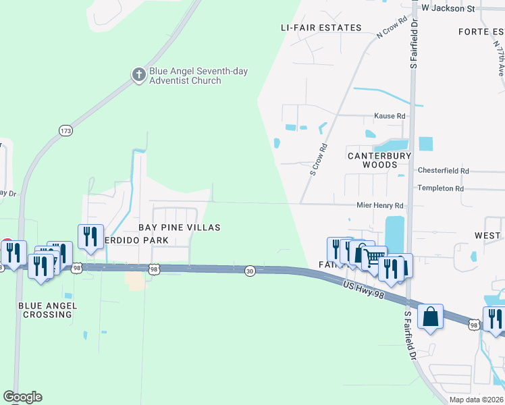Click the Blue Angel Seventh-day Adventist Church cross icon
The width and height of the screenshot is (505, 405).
(139, 74)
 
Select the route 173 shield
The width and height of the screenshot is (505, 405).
(65, 130)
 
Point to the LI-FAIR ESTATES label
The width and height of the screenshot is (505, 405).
(321, 28)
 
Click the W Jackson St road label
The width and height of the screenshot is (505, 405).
(448, 8)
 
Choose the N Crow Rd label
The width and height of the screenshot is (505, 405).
(394, 28)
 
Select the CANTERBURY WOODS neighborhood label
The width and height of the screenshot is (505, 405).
(379, 160)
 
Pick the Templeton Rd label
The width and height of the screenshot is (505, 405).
(441, 188)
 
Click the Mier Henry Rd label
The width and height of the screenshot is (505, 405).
(379, 205)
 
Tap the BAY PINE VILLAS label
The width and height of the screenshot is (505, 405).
(180, 227)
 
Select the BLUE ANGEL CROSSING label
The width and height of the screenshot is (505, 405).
(48, 310)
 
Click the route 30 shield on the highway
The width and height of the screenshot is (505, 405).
(250, 271)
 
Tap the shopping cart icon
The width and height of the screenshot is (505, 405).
(374, 257)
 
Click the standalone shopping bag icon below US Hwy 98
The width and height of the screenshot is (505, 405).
(430, 316)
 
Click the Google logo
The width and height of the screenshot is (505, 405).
(22, 397)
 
